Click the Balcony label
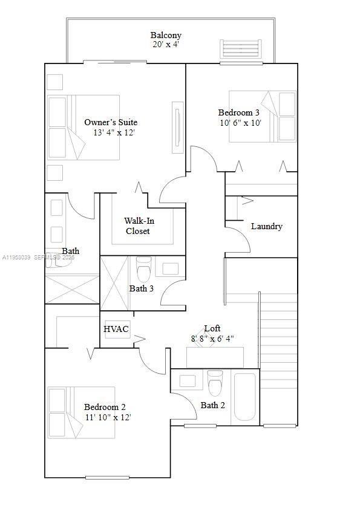point(166,36)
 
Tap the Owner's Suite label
point(111,122)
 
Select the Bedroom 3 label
point(239,112)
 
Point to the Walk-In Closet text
point(139,226)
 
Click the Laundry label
point(266,226)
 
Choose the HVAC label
point(116,329)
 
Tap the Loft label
point(212,328)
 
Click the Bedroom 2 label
point(105,407)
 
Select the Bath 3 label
point(142,288)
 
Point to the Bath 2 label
point(213,405)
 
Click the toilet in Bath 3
point(144,268)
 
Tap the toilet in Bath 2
point(215,383)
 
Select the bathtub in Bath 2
point(246,397)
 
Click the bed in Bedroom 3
point(263,116)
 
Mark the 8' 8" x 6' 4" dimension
point(212,339)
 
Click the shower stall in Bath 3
point(114,283)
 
